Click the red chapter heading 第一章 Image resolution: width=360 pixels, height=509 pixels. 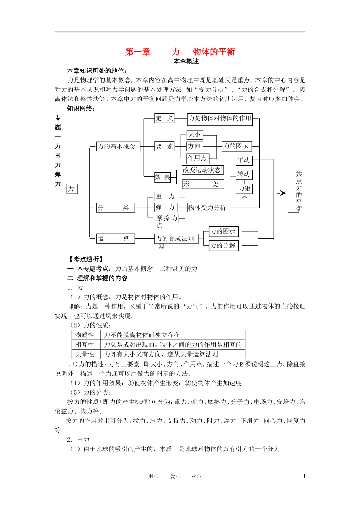tap(138, 52)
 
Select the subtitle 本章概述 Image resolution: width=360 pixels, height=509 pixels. tap(186, 61)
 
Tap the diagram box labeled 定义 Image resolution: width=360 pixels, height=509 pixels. tap(164, 118)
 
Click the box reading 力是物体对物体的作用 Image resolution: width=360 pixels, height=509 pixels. tap(220, 118)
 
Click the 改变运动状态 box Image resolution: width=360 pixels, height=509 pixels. tap(202, 170)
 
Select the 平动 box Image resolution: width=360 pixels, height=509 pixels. tap(244, 160)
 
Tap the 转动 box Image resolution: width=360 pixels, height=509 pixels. tap(244, 175)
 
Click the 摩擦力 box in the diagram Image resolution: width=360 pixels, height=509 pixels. tap(166, 218)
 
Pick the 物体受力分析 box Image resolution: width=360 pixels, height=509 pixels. tap(207, 208)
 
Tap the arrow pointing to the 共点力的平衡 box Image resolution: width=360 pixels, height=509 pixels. tap(281, 193)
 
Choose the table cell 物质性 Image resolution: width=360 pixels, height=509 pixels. tap(85, 335)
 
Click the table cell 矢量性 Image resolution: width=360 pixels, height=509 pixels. tap(85, 354)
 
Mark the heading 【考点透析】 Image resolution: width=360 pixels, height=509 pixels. tap(86, 259)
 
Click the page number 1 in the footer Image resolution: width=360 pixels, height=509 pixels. tap(304, 476)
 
